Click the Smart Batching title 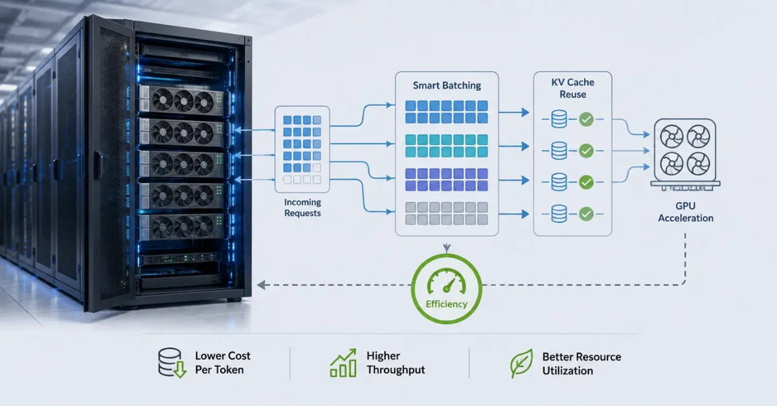pyautogui.click(x=447, y=85)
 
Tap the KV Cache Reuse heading pyautogui.click(x=572, y=88)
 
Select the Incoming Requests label pyautogui.click(x=302, y=208)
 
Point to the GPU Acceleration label pyautogui.click(x=686, y=211)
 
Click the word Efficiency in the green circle pyautogui.click(x=446, y=304)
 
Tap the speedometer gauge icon pyautogui.click(x=446, y=281)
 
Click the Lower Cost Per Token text pyautogui.click(x=222, y=363)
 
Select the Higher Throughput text pyautogui.click(x=396, y=363)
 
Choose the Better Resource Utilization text pyautogui.click(x=581, y=363)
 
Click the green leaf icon pyautogui.click(x=521, y=363)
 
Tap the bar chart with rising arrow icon pyautogui.click(x=343, y=363)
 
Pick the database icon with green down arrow pyautogui.click(x=172, y=363)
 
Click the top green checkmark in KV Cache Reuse pyautogui.click(x=586, y=120)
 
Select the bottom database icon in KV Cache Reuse pyautogui.click(x=559, y=214)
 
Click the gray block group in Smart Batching pyautogui.click(x=446, y=213)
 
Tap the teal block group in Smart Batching pyautogui.click(x=446, y=146)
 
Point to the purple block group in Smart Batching pyautogui.click(x=446, y=180)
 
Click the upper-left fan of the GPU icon pyautogui.click(x=671, y=136)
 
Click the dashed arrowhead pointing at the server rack pyautogui.click(x=261, y=285)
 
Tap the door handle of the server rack pyautogui.click(x=98, y=165)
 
